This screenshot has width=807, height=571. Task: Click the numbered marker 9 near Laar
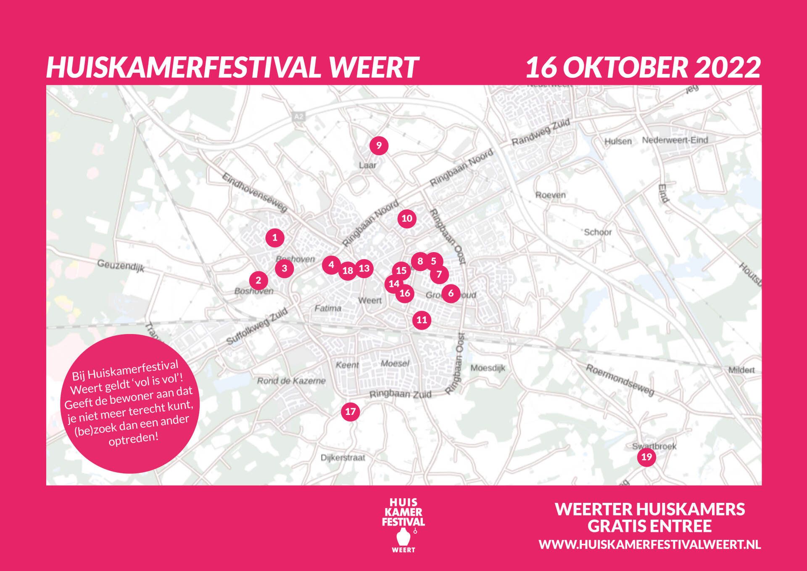point(379,146)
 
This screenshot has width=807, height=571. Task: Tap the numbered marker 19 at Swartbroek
point(646,457)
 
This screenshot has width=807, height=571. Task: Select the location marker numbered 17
point(350,412)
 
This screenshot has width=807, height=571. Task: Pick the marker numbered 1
point(275,238)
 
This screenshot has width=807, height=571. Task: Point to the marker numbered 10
point(407,218)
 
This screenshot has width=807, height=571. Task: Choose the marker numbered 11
point(422,320)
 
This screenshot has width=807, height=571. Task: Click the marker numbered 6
point(451,293)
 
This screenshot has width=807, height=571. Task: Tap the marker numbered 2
point(258,280)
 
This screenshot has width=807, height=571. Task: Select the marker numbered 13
point(364,268)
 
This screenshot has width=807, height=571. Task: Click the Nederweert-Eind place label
point(675,140)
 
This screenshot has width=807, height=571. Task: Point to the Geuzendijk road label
point(121,266)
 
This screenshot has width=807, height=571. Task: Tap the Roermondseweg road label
point(620,380)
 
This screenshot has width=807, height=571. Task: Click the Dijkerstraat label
point(343,458)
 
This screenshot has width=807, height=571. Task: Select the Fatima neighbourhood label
point(328,308)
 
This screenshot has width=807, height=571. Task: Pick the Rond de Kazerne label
point(291,381)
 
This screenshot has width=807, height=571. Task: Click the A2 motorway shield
point(298,117)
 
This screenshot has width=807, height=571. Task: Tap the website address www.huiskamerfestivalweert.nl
point(649,544)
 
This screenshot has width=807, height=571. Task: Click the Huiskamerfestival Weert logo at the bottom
point(403,525)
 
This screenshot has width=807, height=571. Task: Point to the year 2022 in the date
point(727,67)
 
